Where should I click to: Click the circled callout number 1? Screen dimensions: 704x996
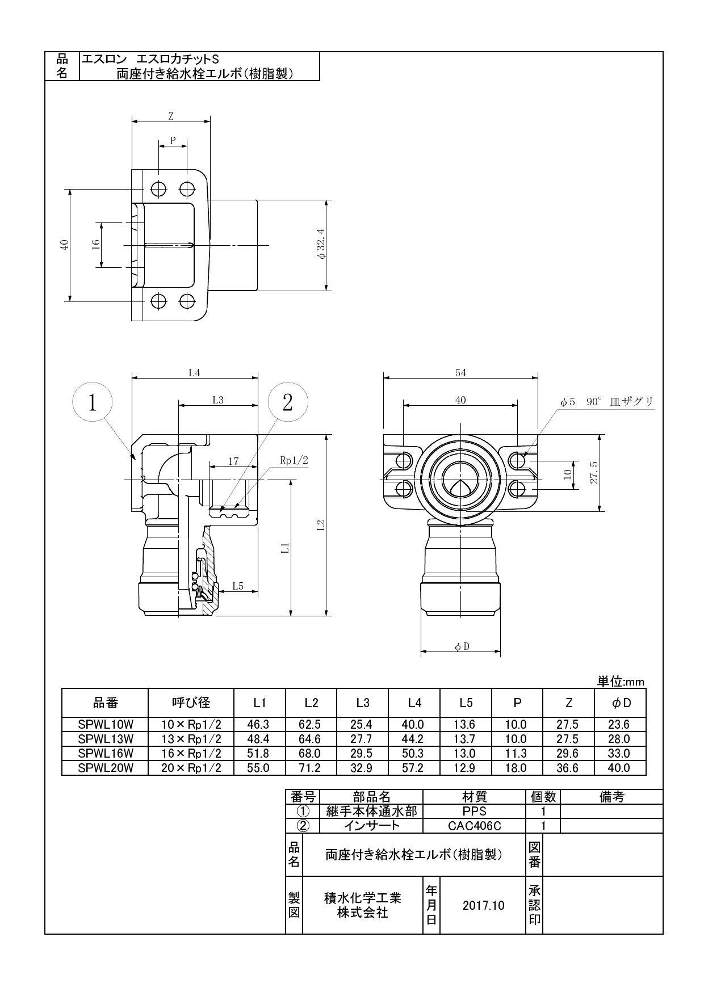point(93,402)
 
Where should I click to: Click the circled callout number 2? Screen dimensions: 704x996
point(287,402)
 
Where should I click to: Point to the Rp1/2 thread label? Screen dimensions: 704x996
point(294,461)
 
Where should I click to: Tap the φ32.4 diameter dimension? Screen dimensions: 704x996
point(322,245)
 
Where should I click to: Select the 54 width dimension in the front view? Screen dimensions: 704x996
point(460,373)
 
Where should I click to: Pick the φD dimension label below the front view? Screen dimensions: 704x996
point(462,646)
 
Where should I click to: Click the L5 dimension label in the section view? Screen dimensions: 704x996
point(237,586)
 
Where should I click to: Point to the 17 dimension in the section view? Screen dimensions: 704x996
point(233,461)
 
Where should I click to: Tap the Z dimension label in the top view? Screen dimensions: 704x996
point(170,117)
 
